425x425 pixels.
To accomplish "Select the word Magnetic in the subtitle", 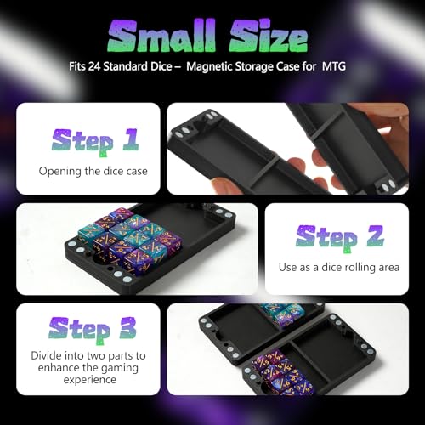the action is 209,67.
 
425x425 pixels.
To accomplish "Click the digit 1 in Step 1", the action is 131,139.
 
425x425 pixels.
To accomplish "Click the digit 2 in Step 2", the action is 376,236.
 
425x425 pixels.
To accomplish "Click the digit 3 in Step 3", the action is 127,328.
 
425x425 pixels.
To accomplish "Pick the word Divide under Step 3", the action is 46,355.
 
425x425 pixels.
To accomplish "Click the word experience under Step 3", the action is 90,380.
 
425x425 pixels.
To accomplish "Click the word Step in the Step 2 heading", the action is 327,238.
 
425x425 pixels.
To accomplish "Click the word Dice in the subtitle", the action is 161,66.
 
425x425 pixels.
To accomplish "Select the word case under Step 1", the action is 137,172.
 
